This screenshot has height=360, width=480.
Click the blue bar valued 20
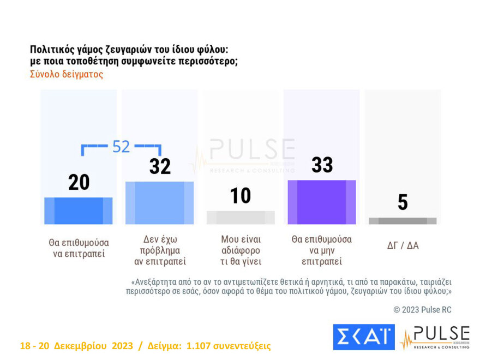click(78, 211)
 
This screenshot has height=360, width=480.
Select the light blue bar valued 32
click(159, 202)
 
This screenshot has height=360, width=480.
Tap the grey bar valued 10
click(241, 217)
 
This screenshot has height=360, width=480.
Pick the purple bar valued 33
click(322, 202)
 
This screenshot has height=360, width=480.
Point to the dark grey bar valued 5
click(403, 221)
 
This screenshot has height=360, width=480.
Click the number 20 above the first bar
click(79, 183)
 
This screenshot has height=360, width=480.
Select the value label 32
click(160, 166)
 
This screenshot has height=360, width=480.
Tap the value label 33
click(322, 165)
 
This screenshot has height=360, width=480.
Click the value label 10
click(240, 196)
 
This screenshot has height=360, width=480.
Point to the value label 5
click(403, 202)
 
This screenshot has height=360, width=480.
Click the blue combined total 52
click(121, 147)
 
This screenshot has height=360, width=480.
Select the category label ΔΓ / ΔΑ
click(403, 245)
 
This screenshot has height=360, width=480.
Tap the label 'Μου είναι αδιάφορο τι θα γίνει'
click(241, 250)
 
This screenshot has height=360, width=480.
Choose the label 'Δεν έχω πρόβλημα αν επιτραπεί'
click(160, 250)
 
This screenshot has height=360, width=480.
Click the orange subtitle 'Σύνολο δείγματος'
click(66, 75)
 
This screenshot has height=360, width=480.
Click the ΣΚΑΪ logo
click(363, 337)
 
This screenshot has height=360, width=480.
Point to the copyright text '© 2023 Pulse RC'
click(422, 310)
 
